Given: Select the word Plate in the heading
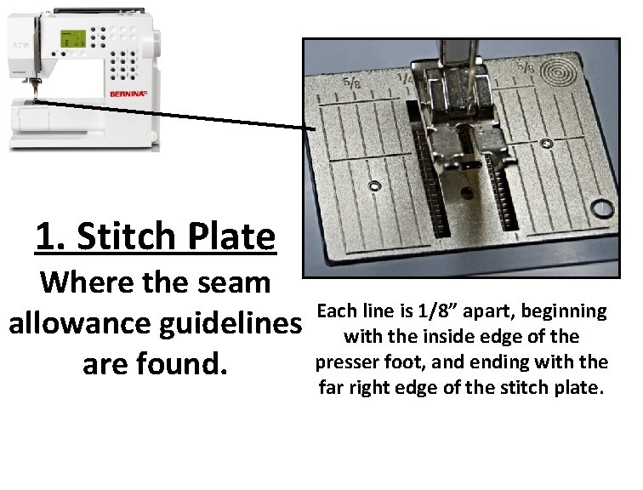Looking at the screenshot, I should point(229,236).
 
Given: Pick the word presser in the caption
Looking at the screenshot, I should point(350,362).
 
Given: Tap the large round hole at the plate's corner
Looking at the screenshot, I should point(605,207).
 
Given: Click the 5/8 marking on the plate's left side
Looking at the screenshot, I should point(350,83).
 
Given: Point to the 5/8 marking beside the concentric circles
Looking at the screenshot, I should point(527,67).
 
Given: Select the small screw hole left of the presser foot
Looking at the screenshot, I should point(374,185).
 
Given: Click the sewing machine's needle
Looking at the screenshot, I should point(36,92).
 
